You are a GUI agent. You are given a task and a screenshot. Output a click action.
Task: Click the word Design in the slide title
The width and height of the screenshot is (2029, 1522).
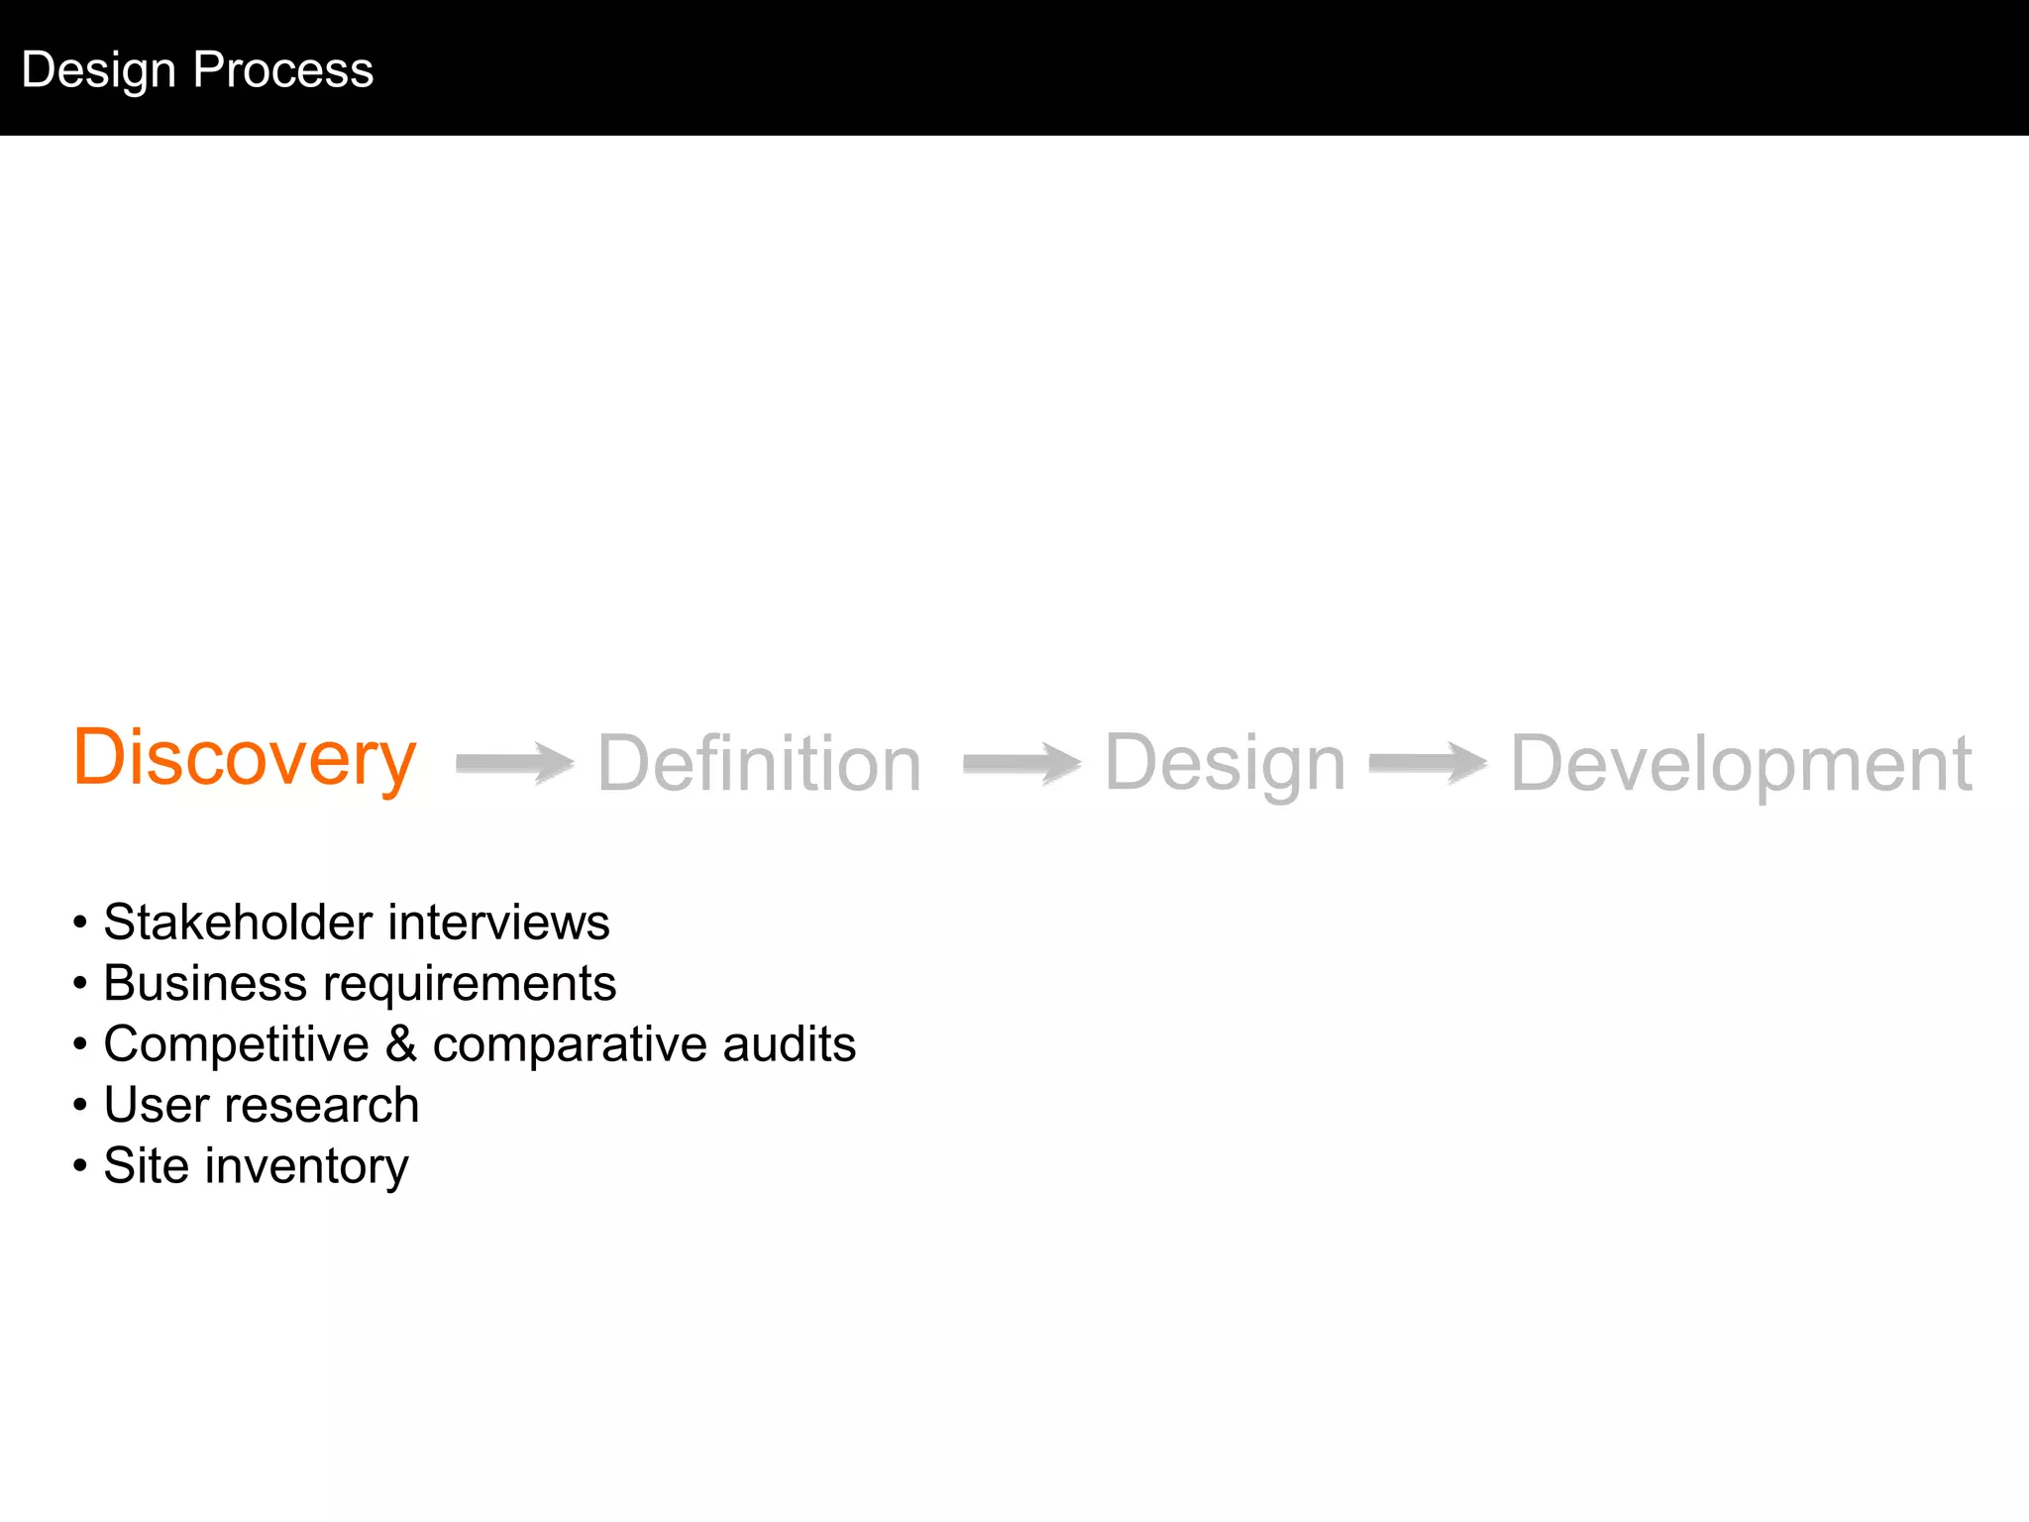[99, 70]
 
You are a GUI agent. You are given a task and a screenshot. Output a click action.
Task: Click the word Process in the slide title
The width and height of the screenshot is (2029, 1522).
[283, 70]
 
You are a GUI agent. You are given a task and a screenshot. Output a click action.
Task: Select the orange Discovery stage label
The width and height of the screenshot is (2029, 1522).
[245, 759]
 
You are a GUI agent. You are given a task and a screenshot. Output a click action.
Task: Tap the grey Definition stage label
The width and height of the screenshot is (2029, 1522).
[759, 764]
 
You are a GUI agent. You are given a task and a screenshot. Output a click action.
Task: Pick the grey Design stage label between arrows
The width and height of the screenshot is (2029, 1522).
[1225, 764]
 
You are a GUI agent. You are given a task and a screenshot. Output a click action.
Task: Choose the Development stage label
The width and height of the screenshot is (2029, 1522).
[1741, 764]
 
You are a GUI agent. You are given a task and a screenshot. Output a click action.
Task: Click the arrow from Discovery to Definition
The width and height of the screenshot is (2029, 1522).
[514, 763]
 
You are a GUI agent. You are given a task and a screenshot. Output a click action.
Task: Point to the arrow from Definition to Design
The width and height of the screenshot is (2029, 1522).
[1021, 763]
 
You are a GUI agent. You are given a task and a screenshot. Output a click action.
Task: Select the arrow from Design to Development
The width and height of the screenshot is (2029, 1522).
[1428, 763]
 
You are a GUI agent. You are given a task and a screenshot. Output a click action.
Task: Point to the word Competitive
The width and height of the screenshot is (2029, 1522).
[236, 1045]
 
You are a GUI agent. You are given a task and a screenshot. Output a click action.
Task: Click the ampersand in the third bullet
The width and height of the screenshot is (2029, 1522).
[401, 1044]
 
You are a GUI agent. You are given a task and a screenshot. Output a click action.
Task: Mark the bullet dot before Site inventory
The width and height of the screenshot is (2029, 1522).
[80, 1165]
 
